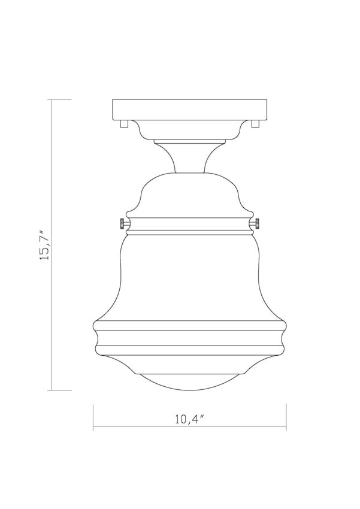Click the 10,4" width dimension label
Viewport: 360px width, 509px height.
189,419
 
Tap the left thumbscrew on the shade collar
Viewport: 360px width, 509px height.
123,224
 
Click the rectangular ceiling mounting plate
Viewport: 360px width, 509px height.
189,110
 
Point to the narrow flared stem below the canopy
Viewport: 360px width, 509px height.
189,158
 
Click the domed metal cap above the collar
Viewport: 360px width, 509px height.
189,195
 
